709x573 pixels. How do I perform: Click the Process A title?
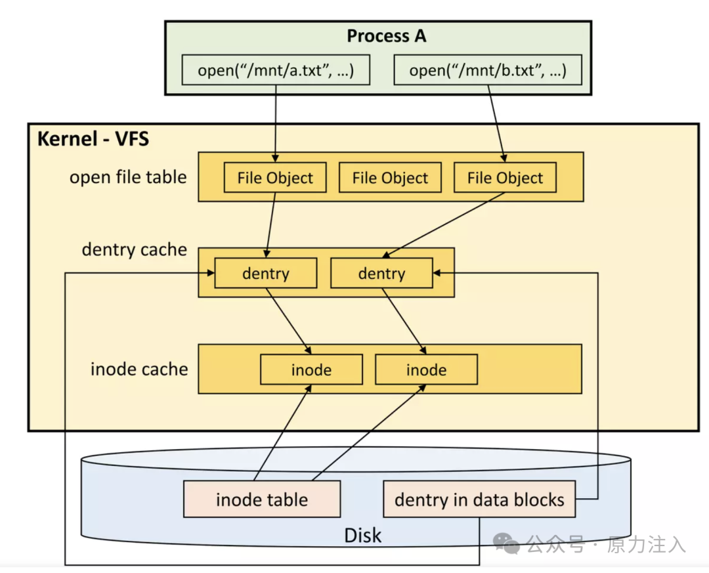click(x=386, y=36)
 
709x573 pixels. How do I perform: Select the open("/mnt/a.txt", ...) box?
click(x=276, y=70)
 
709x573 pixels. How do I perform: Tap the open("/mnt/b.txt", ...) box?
click(x=488, y=70)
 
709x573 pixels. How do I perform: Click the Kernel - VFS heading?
click(x=93, y=139)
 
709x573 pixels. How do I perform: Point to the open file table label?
click(x=128, y=177)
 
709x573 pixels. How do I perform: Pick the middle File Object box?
click(x=390, y=178)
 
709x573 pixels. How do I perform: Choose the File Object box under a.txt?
click(x=275, y=178)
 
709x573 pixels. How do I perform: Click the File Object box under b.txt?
click(x=505, y=178)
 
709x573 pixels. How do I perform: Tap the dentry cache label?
click(x=135, y=249)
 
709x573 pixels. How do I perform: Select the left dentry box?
click(x=266, y=273)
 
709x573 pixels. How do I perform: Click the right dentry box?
click(x=381, y=273)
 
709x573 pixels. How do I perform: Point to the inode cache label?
click(x=139, y=370)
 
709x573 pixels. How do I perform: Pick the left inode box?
click(x=312, y=370)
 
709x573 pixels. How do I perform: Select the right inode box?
click(x=427, y=370)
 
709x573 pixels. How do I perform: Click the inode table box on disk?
click(x=262, y=499)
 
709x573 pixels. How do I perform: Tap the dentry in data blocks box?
click(x=479, y=499)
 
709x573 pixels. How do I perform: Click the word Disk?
click(x=362, y=536)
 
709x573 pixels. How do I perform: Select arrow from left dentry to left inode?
click(x=288, y=321)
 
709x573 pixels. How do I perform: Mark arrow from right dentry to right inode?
click(x=404, y=321)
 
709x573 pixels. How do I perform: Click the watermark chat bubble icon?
click(x=506, y=543)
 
